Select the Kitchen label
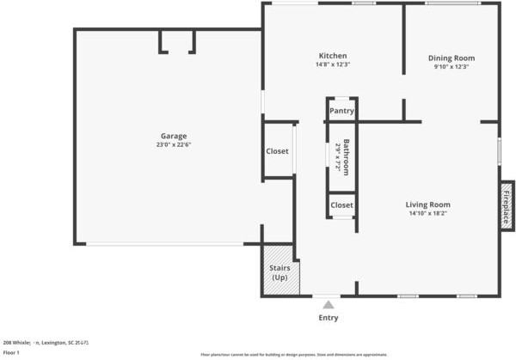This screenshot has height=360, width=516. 332,56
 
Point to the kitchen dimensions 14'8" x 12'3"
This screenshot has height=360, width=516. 332,65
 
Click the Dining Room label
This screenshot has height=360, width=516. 451,58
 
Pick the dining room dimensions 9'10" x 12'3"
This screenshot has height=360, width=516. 451,67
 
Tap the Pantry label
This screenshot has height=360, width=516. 341,110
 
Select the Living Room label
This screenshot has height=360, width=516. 428,204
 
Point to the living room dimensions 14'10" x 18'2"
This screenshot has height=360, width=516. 428,214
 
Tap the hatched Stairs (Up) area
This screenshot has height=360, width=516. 279,272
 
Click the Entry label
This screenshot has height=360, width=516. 329,318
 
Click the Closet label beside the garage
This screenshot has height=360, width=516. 277,151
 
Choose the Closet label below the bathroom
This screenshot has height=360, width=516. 341,205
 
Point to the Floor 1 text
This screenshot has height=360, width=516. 11,352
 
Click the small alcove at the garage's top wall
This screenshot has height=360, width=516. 176,40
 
